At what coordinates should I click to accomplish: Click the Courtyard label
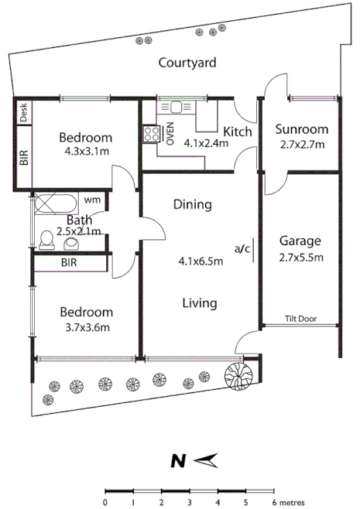[x=187, y=63]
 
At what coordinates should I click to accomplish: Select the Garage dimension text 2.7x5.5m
[x=301, y=257]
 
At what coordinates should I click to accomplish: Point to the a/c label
[x=242, y=248]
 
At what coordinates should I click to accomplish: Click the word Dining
[x=192, y=205]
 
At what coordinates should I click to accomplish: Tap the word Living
[x=199, y=303]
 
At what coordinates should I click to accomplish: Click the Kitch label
[x=238, y=132]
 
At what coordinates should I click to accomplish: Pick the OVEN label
[x=170, y=132]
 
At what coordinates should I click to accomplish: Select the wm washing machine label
[x=92, y=200]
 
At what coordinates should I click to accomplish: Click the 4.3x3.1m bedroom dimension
[x=86, y=152]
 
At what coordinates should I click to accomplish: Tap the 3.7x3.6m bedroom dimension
[x=86, y=327]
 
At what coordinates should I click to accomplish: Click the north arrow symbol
[x=204, y=462]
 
